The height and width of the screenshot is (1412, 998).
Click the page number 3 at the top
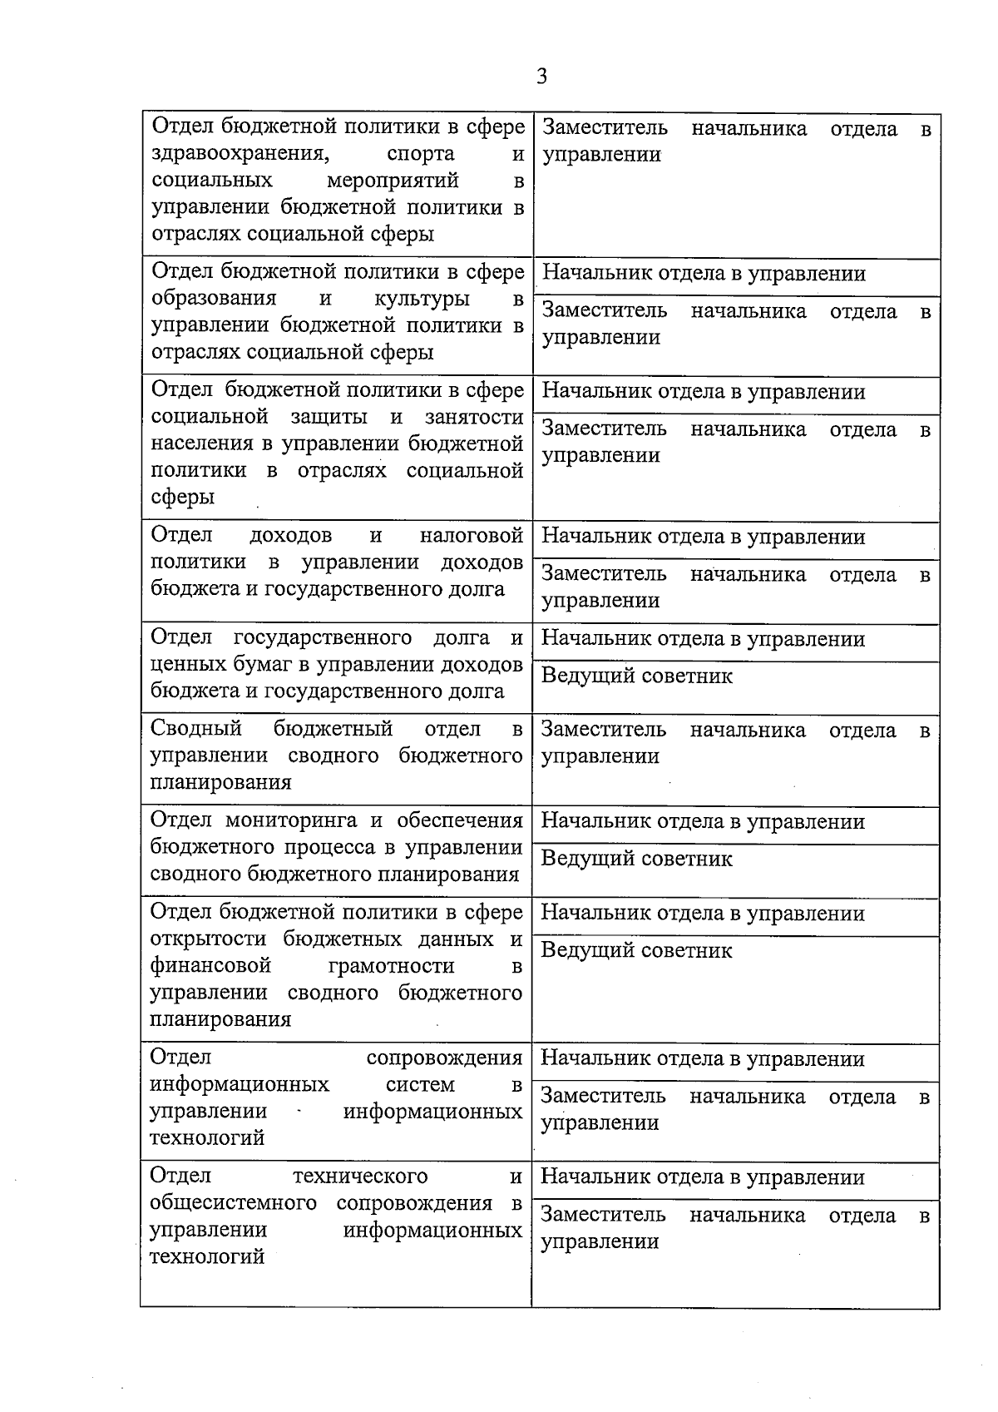(541, 77)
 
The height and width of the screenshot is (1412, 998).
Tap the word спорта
(421, 154)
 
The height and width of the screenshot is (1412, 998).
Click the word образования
(214, 299)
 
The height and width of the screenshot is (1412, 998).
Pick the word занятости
(473, 417)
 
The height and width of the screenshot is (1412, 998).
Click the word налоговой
(471, 535)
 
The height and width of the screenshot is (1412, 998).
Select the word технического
(360, 1176)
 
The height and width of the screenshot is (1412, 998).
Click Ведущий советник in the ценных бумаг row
(636, 676)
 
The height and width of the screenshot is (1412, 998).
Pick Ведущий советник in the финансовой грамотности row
(636, 950)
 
